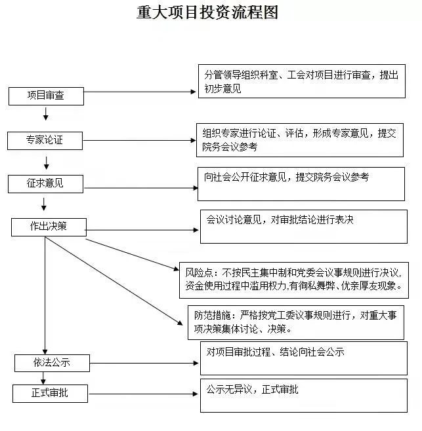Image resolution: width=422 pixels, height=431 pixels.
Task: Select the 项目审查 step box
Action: (45, 96)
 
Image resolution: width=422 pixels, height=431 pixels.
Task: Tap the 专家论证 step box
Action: (45, 140)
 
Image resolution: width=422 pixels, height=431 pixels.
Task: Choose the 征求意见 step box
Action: (45, 184)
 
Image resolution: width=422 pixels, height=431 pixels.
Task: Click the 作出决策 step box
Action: (48, 227)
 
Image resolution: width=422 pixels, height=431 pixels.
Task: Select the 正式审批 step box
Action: (50, 393)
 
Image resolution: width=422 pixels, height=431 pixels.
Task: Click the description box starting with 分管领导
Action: (303, 81)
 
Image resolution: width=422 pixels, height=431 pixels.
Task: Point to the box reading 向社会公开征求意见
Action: (301, 184)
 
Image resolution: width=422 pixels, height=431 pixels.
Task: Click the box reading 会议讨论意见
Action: (303, 226)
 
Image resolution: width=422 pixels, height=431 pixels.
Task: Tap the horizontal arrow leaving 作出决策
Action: (141, 230)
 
